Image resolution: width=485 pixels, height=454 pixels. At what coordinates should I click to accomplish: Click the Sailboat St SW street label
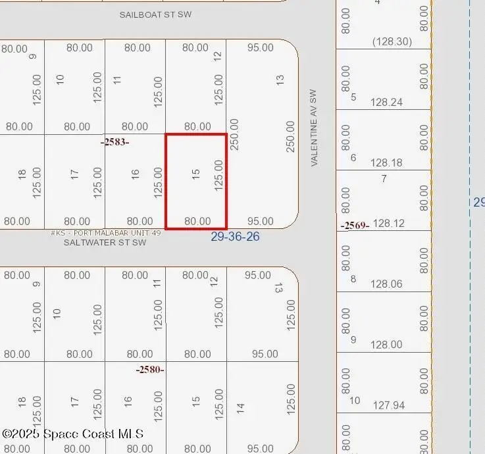point(155,14)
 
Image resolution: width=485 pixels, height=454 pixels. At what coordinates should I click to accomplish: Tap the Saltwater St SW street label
point(105,242)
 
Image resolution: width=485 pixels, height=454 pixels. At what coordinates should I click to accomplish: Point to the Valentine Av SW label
point(314,128)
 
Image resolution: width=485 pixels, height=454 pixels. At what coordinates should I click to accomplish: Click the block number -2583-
point(115,141)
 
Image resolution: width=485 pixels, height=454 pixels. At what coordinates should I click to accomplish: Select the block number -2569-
point(355,226)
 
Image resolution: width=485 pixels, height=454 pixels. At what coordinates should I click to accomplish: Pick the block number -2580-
point(150,370)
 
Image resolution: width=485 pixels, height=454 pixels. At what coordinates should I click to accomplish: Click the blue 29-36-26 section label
point(235,236)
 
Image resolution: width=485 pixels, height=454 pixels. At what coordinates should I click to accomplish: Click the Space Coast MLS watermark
point(72,434)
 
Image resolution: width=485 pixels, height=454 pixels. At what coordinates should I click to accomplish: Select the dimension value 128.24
point(386,103)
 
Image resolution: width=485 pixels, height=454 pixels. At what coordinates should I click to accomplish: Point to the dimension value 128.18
point(386,163)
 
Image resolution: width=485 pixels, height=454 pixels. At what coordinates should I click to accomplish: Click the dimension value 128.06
point(386,284)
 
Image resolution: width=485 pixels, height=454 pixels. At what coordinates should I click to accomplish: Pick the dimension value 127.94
point(386,405)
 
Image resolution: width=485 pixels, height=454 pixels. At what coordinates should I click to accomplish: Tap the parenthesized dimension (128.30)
point(392,41)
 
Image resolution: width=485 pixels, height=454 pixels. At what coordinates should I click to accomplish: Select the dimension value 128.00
point(386,345)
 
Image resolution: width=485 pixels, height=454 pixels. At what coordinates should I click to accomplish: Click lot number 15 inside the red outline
point(195,174)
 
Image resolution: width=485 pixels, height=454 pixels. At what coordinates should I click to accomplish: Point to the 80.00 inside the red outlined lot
point(197,222)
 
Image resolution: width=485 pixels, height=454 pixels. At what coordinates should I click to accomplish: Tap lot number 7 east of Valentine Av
point(384,179)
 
